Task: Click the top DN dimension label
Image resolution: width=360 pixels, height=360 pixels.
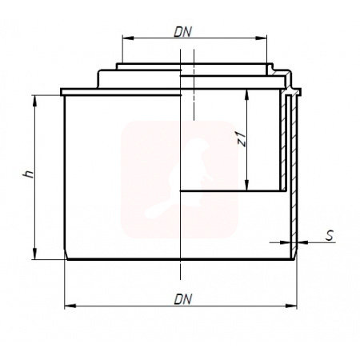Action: coord(183,32)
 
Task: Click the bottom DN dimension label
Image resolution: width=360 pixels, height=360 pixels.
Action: coord(183,299)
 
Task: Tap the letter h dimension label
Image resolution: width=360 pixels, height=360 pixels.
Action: coord(29,174)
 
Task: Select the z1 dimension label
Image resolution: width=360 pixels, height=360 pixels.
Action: coord(242,139)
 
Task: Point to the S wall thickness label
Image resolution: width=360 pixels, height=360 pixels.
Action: coord(330,236)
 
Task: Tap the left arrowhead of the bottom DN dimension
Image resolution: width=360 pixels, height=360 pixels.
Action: coord(70,306)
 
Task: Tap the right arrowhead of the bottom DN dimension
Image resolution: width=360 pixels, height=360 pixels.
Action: coord(291,306)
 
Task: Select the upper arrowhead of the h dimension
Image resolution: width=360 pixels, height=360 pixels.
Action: coord(34,101)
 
